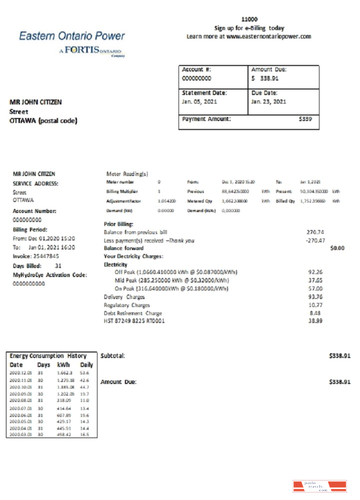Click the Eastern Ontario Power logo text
click(x=72, y=36)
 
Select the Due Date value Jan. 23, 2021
click(x=268, y=101)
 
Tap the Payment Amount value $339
click(x=305, y=119)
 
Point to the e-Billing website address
click(x=268, y=36)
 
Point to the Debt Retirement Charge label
click(x=132, y=313)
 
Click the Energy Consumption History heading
click(x=48, y=356)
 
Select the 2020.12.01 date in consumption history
click(x=20, y=373)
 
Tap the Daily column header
click(x=86, y=365)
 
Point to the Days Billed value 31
click(x=58, y=265)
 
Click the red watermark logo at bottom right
click(x=319, y=486)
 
